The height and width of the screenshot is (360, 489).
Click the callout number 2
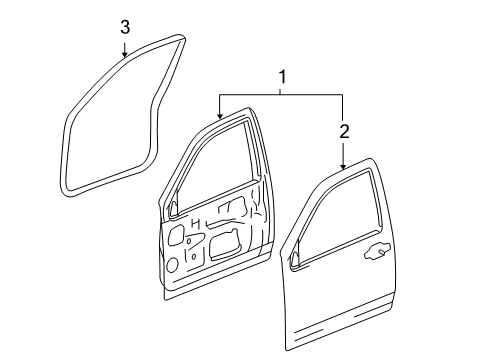click(343, 130)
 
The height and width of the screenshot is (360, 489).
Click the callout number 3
click(124, 27)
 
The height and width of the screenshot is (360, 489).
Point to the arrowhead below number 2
click(343, 165)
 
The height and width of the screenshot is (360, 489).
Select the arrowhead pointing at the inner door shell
click(219, 118)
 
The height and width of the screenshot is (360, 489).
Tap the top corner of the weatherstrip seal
click(182, 39)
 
